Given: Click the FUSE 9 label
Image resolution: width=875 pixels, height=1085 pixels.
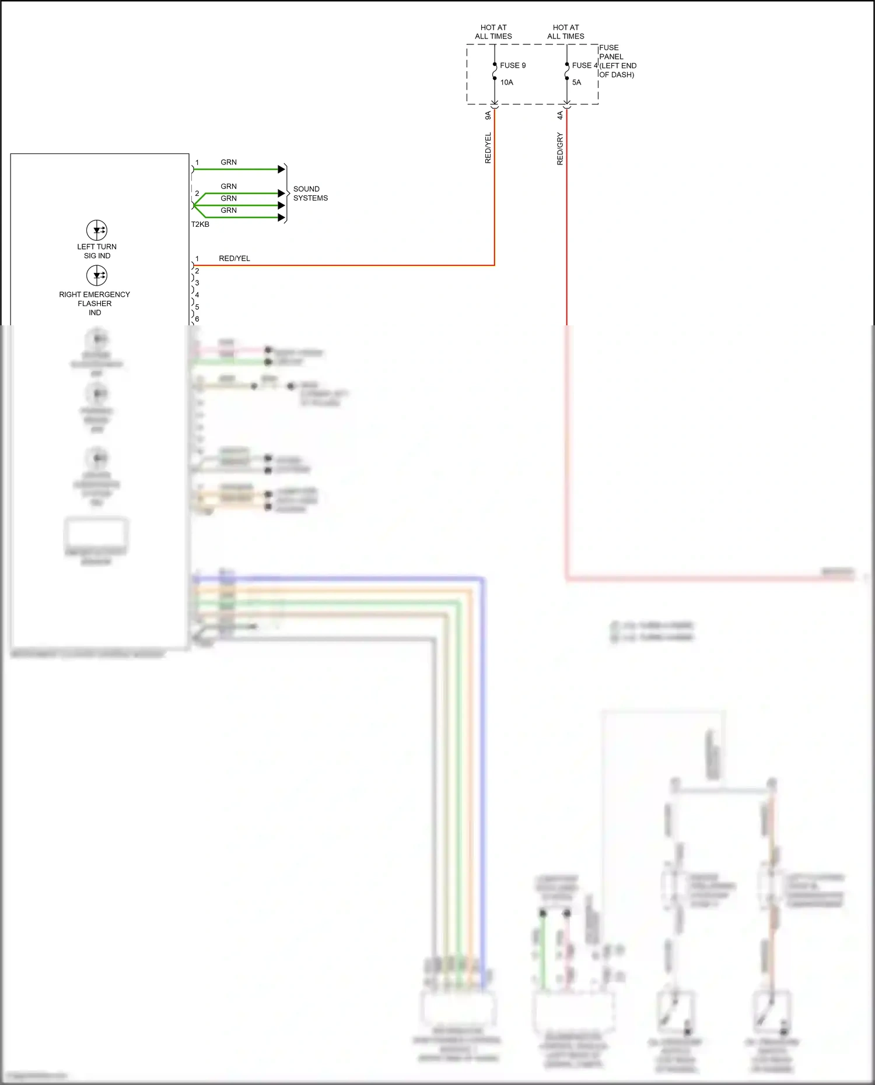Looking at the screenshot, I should coord(512,65).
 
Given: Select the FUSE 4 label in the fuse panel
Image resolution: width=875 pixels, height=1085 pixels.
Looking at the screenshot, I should coord(584,65).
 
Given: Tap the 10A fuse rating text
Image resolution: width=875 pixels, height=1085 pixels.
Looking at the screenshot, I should coord(506,82).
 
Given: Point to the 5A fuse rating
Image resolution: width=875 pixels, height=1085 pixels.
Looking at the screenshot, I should coord(576,82).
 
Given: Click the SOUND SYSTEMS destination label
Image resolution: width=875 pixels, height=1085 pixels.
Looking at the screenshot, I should coord(310,194).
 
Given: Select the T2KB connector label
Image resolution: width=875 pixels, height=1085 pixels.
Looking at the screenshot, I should coord(200,224).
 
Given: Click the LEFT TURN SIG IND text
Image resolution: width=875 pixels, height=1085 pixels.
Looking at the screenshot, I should coord(97,251).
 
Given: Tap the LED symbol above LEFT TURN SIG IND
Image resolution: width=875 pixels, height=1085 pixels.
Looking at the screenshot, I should coord(97,230).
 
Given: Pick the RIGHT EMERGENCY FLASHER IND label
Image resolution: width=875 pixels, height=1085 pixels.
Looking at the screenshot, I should coord(94,303).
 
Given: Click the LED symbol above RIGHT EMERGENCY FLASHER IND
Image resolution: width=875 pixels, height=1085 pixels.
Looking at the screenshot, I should coord(97,275).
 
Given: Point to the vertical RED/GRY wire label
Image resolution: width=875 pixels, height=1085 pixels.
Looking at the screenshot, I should coord(560,149).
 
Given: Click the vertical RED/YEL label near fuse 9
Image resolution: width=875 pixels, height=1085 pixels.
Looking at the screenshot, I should coord(488,148).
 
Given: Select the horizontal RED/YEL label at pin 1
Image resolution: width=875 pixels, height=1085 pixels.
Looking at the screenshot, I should coord(235,258).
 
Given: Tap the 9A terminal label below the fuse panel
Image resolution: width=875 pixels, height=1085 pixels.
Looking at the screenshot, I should coord(488,115).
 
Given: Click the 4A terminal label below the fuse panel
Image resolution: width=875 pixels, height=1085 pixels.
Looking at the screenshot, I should coord(560,115).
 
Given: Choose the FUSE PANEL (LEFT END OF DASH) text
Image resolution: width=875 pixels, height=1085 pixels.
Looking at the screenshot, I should coord(617,61).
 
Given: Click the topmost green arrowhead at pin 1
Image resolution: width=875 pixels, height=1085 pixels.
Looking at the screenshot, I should coord(282,169).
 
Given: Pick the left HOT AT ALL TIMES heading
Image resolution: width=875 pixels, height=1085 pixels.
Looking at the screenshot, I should coord(494,31).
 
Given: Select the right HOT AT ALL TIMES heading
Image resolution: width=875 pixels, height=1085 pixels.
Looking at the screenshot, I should coord(566,31).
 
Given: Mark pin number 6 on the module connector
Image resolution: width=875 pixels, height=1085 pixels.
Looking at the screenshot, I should coord(197,319).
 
